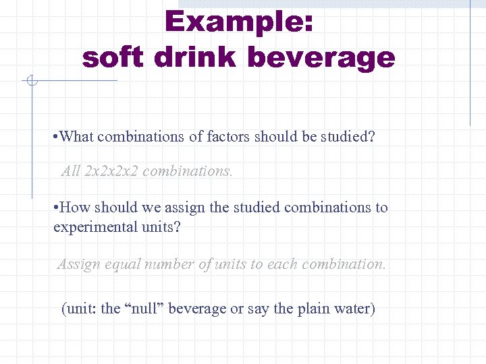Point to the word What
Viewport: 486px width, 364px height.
[76, 136]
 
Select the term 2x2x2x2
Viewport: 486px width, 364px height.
[111, 171]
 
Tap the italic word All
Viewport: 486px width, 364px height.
[71, 171]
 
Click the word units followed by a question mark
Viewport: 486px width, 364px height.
[165, 226]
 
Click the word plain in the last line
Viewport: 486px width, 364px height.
[314, 309]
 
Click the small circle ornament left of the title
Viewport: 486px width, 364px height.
[30, 82]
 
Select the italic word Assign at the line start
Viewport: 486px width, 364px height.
[79, 264]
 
